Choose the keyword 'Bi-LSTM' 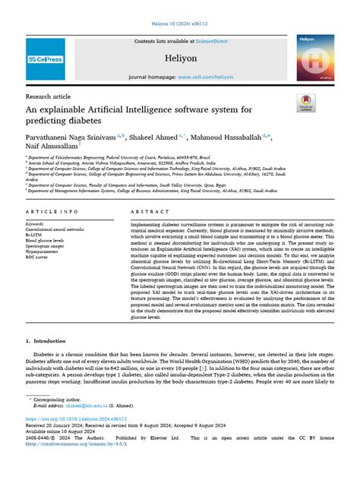(x=35, y=235)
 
